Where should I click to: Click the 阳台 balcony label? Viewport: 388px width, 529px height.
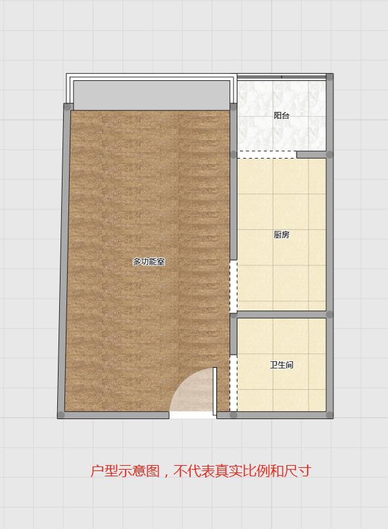coord(281,116)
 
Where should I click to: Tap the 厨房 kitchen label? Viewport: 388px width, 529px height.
coord(281,234)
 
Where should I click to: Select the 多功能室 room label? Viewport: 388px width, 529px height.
coord(149,261)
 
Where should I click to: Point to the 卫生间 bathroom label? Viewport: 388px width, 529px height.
coord(281,365)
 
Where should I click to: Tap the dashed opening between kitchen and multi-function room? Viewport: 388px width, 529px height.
coord(233,286)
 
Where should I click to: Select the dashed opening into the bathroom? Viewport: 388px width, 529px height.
coord(233,383)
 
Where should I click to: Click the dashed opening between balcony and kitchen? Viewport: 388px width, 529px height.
coord(266,155)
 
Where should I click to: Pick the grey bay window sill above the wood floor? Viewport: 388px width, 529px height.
coord(152,95)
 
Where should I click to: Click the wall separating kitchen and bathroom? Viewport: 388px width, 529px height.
coord(281,315)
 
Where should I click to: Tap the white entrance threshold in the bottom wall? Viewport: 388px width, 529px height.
coord(193,415)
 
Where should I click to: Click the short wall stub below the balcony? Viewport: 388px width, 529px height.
coord(312,155)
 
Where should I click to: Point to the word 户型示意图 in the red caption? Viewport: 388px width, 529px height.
coord(125,471)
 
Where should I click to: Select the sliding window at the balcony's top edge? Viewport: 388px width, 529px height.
coord(281,77)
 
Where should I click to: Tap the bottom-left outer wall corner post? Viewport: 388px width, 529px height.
coord(61,415)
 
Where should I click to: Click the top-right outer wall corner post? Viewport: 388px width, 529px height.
coord(329,77)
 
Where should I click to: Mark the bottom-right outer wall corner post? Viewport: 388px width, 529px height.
coord(329,415)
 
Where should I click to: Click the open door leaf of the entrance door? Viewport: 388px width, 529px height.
coord(215,391)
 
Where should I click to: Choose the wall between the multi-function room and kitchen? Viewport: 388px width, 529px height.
coord(233,182)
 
